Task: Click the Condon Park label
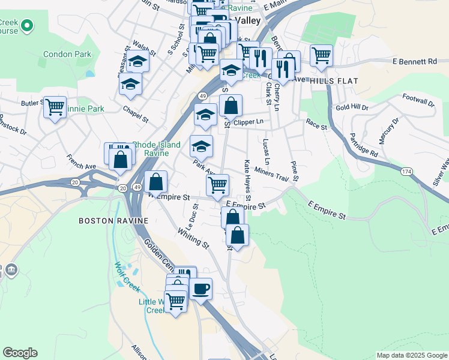(x=67, y=54)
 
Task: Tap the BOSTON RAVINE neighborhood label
(x=113, y=221)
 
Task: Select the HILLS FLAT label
(x=334, y=80)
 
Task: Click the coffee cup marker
(x=201, y=289)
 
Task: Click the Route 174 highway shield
(x=407, y=172)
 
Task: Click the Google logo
(x=20, y=353)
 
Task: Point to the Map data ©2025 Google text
(x=411, y=355)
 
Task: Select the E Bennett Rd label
(x=414, y=61)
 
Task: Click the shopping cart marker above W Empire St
(x=217, y=184)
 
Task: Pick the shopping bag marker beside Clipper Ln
(x=231, y=106)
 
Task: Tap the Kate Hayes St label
(x=247, y=179)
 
